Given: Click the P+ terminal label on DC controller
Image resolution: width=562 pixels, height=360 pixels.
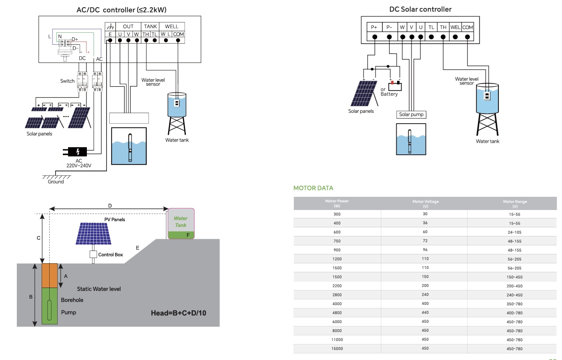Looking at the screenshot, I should click(x=374, y=27).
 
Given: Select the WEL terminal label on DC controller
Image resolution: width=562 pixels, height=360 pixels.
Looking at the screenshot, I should click(x=455, y=27).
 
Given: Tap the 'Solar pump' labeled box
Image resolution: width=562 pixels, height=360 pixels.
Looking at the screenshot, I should click(x=411, y=114).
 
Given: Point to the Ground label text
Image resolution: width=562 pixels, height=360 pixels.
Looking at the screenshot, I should click(x=56, y=182).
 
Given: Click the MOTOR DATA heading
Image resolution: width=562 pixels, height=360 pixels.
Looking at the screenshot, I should click(x=313, y=188).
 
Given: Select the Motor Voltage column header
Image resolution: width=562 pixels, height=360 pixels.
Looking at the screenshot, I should click(x=426, y=204).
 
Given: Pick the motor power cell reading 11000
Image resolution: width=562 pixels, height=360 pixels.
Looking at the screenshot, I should click(x=337, y=340).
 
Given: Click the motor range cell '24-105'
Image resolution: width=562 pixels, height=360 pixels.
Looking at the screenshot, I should click(x=514, y=232).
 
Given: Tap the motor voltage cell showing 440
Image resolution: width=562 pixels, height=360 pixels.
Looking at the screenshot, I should click(x=425, y=313).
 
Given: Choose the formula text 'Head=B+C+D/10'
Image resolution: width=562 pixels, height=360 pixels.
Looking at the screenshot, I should click(x=179, y=313).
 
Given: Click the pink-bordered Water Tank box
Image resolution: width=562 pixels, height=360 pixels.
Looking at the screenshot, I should click(x=181, y=223).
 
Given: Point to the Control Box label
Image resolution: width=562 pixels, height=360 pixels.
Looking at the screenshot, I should click(x=110, y=255).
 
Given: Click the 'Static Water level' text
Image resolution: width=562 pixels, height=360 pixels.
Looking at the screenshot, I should click(x=99, y=289).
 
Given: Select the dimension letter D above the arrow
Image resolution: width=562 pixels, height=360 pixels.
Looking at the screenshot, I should click(x=110, y=206).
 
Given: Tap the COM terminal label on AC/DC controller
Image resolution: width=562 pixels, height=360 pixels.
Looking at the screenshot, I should click(x=179, y=34).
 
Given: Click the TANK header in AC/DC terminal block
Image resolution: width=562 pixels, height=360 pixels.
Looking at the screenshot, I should click(x=151, y=26).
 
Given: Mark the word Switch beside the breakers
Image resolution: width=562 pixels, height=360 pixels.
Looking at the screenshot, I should click(x=67, y=81).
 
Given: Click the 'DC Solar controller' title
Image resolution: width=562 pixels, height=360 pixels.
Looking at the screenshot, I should click(x=420, y=9).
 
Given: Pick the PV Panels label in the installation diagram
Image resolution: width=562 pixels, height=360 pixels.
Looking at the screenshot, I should click(x=115, y=220).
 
